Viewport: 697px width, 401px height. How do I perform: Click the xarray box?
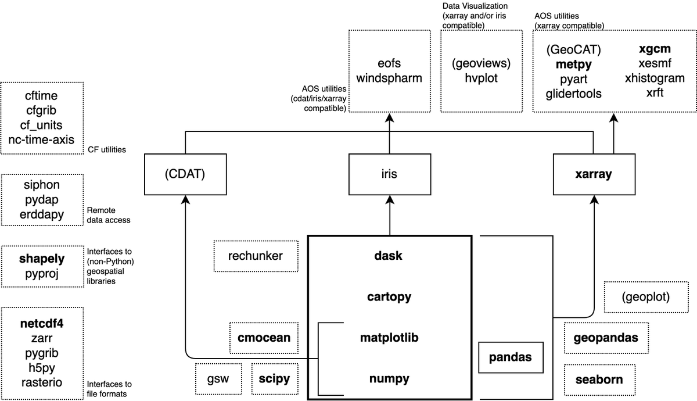[593, 174]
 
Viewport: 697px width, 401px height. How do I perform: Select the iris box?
[389, 174]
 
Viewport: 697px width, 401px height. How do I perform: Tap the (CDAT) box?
[185, 174]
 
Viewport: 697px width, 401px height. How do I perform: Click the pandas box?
[511, 357]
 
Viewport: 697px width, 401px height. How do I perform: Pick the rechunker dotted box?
[256, 256]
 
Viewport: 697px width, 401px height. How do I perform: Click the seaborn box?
[599, 379]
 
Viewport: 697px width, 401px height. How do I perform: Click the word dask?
[389, 256]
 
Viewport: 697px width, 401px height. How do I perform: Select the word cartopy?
[389, 296]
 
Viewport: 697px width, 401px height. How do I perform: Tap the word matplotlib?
[389, 338]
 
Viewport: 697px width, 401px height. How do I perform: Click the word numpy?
[389, 379]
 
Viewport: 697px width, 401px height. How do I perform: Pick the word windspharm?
[389, 77]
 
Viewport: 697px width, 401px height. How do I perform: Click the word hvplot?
[481, 77]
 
